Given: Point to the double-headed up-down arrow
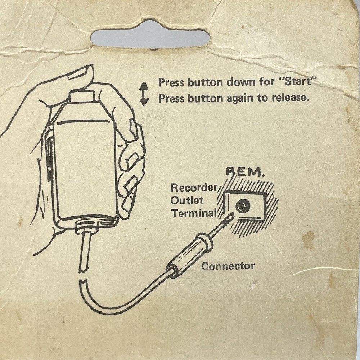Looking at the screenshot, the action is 144,94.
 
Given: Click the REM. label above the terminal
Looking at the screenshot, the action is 245,172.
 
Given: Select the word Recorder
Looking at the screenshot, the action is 194,188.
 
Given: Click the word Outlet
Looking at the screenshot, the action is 187,201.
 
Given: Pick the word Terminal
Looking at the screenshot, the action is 194,213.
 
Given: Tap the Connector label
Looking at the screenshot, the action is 228,266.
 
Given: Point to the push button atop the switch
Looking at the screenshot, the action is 81,96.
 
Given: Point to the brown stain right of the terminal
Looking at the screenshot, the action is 309,240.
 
